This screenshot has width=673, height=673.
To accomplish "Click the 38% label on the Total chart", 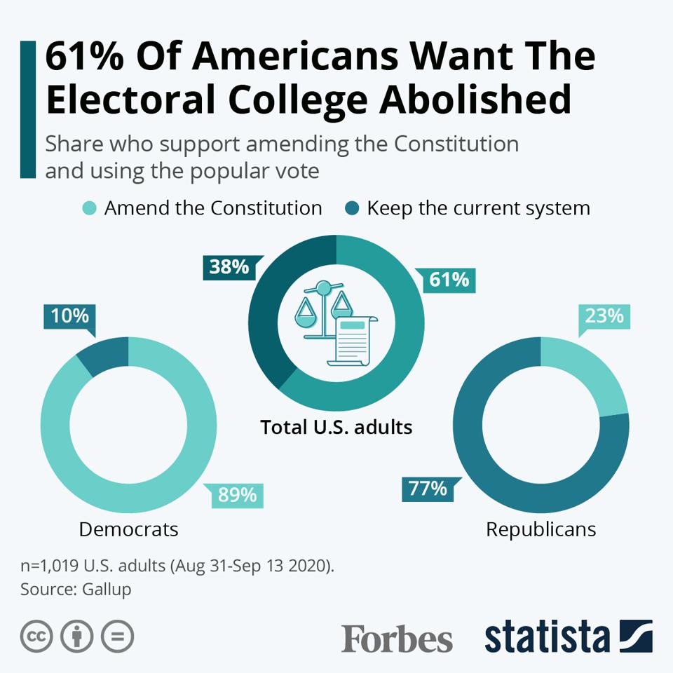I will [229, 266].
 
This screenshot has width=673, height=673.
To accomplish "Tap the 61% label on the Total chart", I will [449, 280].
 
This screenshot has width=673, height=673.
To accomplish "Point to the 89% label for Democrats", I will [237, 495].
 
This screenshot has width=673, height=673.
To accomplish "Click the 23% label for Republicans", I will [604, 315].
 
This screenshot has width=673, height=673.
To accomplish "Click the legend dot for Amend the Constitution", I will [89, 208].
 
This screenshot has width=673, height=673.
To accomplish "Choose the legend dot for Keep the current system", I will [352, 208].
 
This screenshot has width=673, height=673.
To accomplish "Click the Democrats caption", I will [128, 529].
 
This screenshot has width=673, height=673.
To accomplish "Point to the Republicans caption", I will [541, 529].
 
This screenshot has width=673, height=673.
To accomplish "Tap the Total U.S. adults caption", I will [336, 426].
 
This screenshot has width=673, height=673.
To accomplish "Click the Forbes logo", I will [397, 639].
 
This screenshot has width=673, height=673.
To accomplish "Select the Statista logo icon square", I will [636, 636].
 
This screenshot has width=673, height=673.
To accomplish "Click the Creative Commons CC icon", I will [37, 637].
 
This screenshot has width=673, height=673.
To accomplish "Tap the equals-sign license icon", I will [117, 637].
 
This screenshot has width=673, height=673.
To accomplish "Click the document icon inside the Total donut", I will [353, 339].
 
